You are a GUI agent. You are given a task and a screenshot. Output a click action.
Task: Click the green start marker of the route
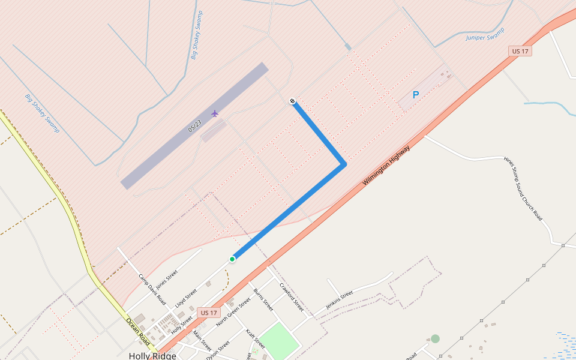point(232,259)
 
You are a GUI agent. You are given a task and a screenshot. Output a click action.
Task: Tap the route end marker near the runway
point(292,101)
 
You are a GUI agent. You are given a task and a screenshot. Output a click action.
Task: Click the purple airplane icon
point(215,113)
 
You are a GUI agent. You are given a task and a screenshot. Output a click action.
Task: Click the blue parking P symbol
point(415,95)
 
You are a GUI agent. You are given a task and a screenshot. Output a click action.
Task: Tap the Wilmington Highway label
point(387,166)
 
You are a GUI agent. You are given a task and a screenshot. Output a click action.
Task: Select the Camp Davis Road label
point(152,290)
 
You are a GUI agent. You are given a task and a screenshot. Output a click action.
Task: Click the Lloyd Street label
point(186,299)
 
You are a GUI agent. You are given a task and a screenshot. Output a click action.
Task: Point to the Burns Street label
point(263,300)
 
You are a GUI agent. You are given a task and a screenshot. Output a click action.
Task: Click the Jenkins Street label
point(339,298)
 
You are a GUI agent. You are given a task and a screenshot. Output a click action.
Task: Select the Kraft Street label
point(255,339)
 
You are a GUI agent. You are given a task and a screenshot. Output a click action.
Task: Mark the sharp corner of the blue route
point(344,164)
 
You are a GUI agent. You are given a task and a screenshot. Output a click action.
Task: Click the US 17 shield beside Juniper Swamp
point(520,52)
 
